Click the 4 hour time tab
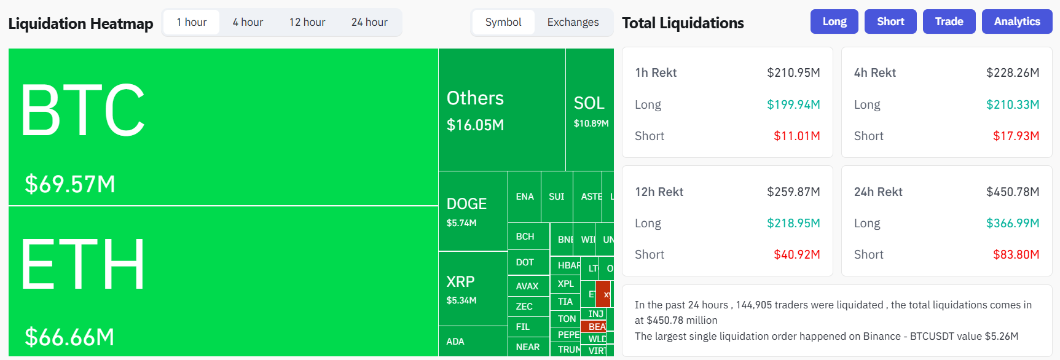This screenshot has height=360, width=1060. (x=248, y=22)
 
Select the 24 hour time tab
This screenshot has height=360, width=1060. (x=369, y=22)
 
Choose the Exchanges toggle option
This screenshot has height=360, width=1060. (x=573, y=22)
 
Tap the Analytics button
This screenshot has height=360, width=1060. (x=1017, y=22)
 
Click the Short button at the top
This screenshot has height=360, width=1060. (x=890, y=22)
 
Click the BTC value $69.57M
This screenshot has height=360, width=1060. (x=70, y=184)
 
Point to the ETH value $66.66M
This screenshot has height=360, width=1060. (x=69, y=337)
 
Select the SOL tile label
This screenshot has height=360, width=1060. (x=589, y=103)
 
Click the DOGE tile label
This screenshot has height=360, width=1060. (x=466, y=204)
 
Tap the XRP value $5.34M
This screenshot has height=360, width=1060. (x=461, y=300)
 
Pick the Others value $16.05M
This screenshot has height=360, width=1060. (x=475, y=125)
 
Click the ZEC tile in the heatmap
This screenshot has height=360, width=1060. (x=524, y=307)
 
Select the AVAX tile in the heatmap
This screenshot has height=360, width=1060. (x=527, y=286)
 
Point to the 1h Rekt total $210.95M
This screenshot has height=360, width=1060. (x=793, y=72)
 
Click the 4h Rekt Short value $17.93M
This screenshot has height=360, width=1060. (x=1016, y=136)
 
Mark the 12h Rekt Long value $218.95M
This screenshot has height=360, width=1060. (x=793, y=223)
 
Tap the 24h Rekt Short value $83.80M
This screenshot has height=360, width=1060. (x=1016, y=254)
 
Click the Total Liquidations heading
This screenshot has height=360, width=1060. (x=683, y=23)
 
